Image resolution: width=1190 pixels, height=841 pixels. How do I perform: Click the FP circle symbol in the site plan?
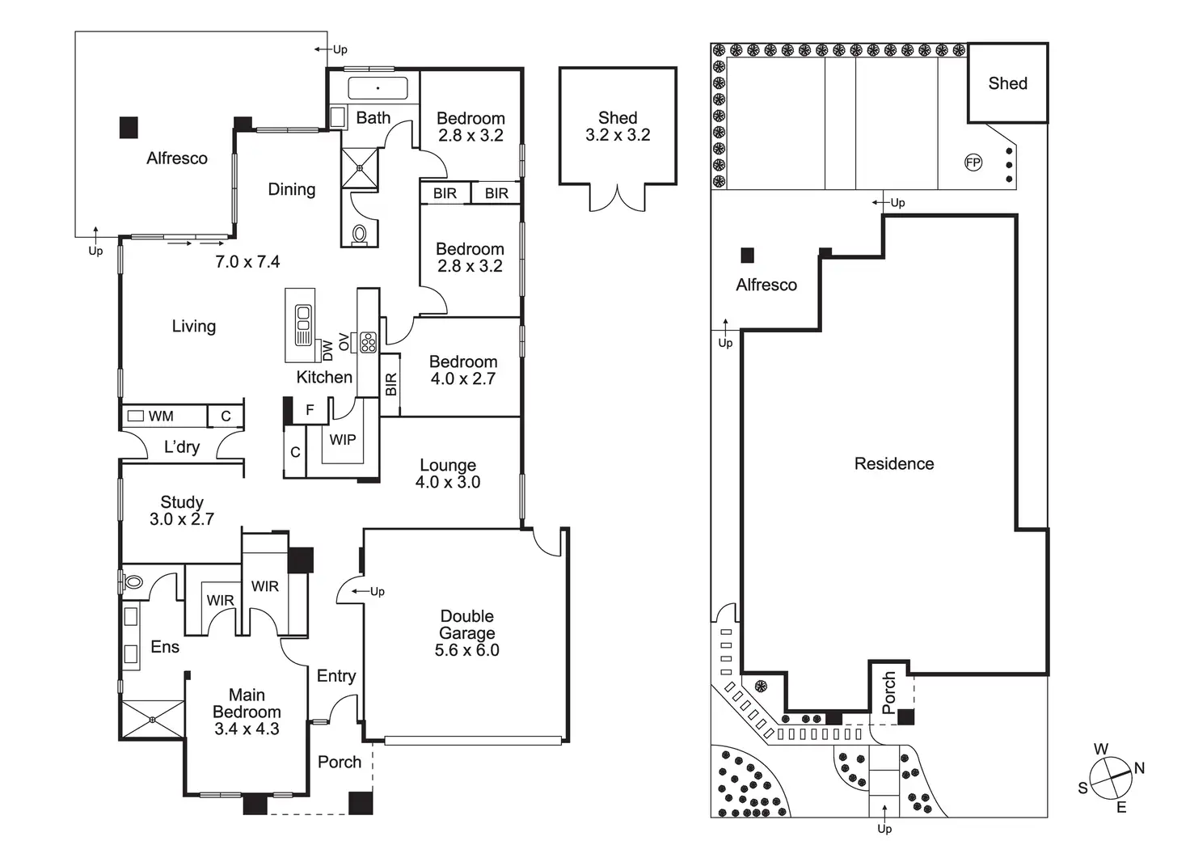973,163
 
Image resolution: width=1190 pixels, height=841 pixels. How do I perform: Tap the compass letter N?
1139,767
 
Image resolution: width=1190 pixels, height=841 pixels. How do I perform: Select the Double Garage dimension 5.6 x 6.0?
467,649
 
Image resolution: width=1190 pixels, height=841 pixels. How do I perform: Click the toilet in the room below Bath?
360,234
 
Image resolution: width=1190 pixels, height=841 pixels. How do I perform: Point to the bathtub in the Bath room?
378,88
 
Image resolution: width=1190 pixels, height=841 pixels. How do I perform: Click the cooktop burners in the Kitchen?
368,342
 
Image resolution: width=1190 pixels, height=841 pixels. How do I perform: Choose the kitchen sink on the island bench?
303,324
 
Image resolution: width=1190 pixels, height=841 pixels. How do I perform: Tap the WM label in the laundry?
160,416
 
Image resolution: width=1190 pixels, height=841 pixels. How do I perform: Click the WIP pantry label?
342,440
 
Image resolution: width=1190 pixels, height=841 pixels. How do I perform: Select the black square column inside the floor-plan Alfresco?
129,128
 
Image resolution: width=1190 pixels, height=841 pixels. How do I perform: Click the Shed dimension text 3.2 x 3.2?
618,135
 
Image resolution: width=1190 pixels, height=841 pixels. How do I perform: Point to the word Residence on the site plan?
894,464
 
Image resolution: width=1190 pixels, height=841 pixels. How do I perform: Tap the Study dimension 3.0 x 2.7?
182,519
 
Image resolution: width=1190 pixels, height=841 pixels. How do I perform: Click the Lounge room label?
448,465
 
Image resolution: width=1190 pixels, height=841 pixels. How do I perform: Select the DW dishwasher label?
327,351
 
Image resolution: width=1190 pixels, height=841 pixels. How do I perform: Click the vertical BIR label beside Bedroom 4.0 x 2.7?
390,384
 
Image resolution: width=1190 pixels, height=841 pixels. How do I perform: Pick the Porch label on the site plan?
888,693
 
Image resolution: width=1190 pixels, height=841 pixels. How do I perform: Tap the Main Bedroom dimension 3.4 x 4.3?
247,729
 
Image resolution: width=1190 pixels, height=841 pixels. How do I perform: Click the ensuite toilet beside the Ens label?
133,582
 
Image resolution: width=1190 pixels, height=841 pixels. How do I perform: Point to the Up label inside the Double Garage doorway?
378,591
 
